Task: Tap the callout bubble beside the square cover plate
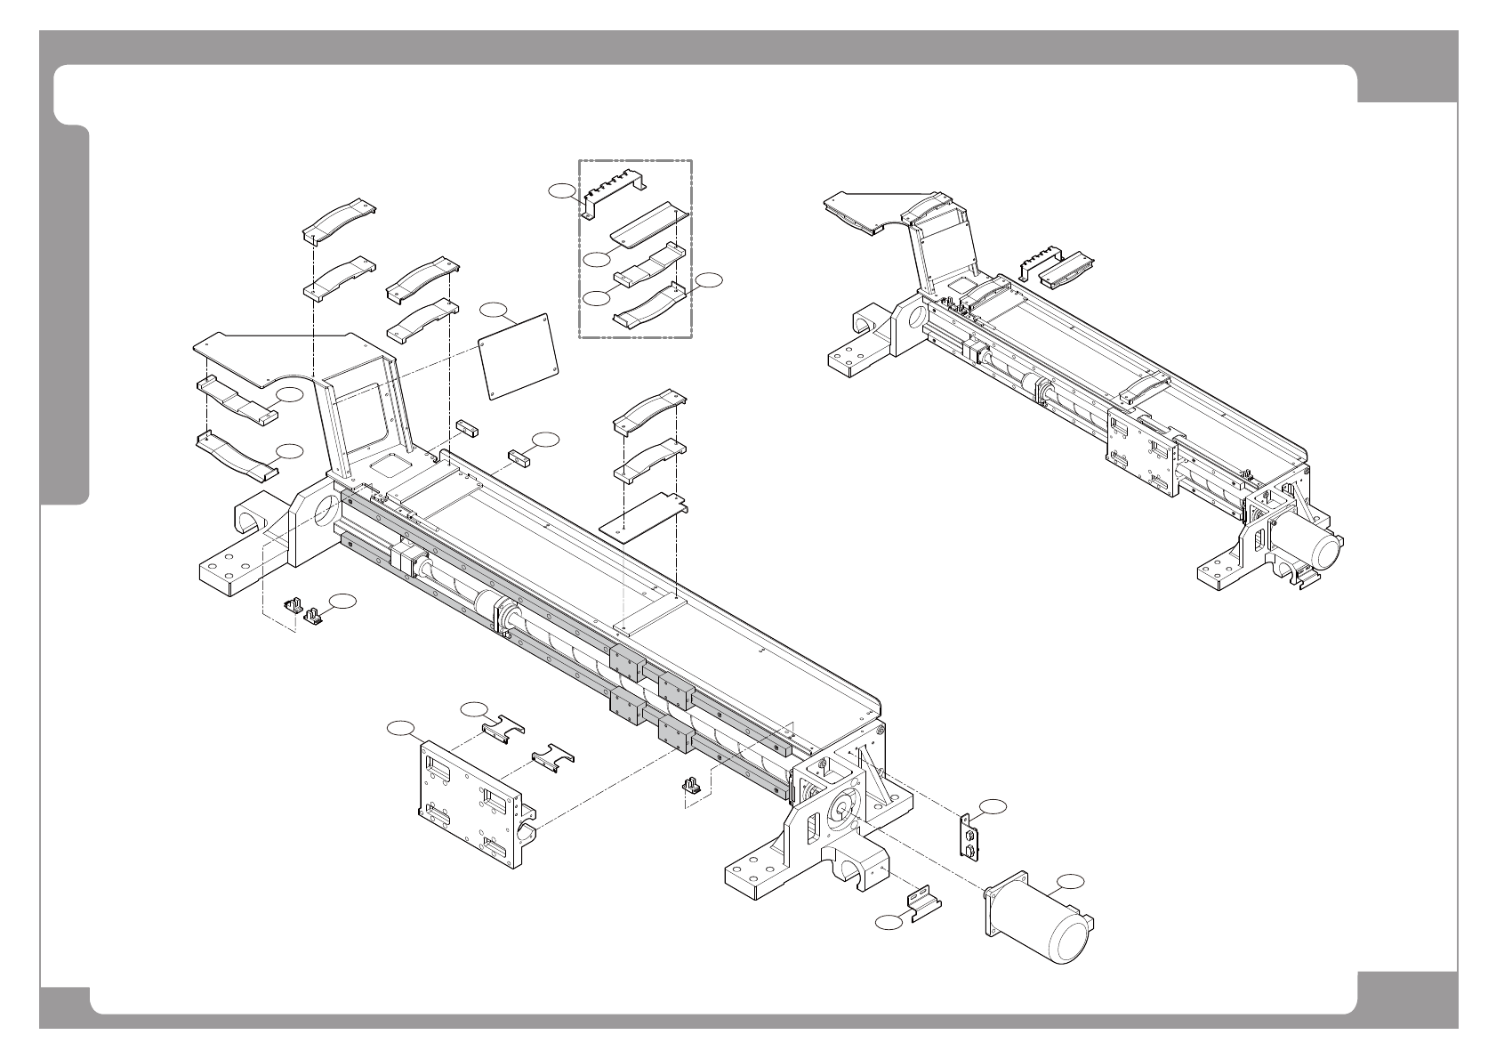493,310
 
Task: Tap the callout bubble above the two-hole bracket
994,805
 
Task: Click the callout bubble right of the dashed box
709,280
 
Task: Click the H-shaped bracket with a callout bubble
503,727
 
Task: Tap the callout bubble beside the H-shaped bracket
475,708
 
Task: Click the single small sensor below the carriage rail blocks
692,786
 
